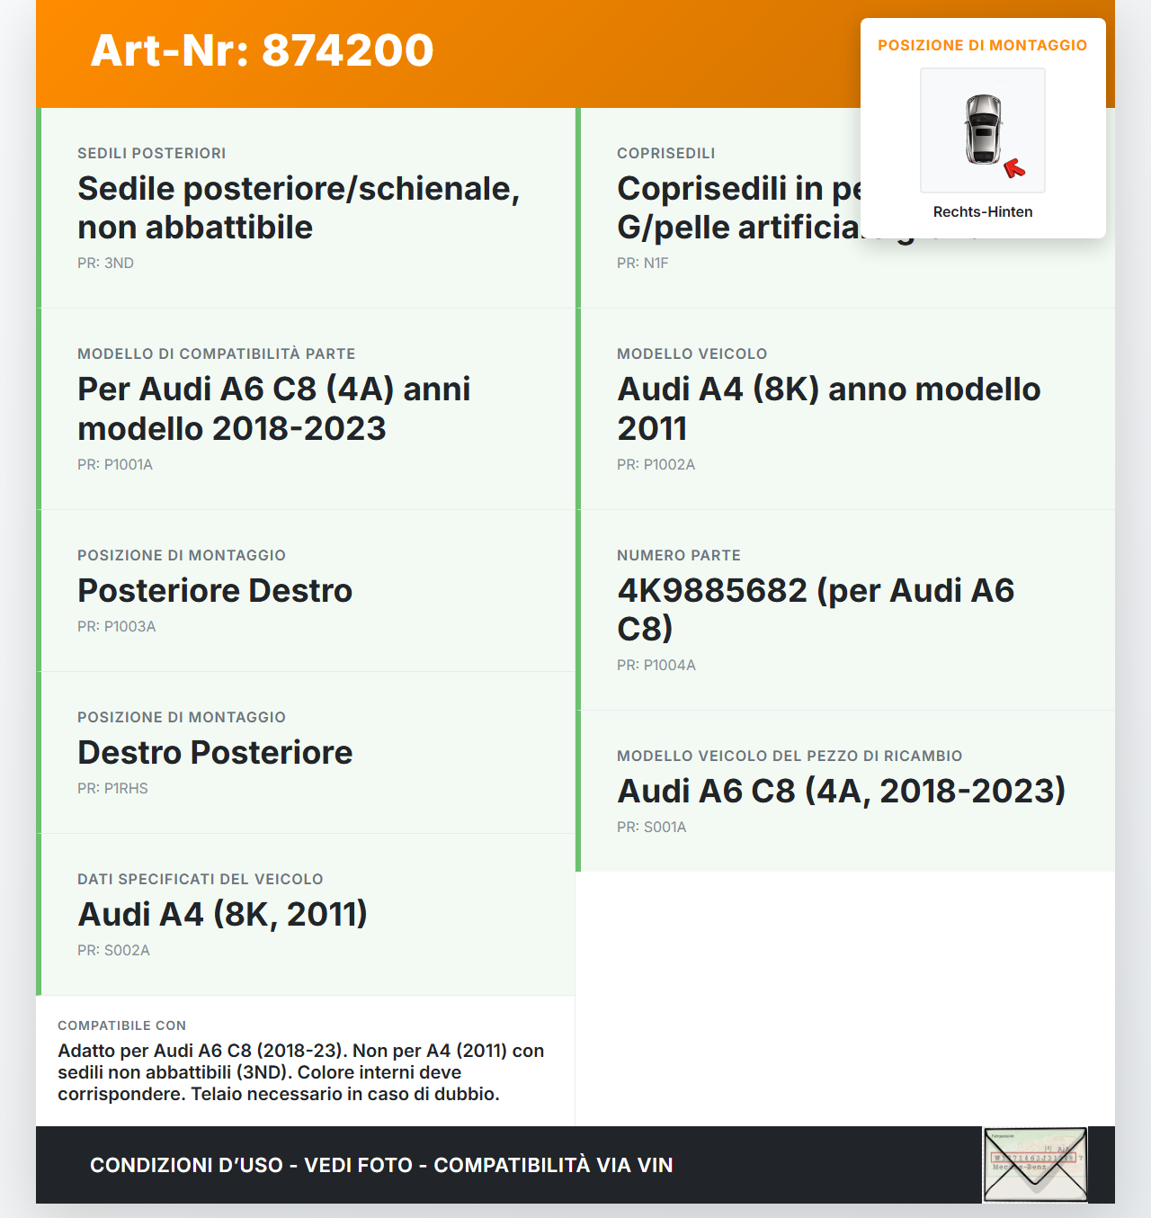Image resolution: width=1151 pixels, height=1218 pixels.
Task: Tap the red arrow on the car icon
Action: point(1014,168)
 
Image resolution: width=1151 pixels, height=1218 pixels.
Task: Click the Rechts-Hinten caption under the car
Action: point(982,212)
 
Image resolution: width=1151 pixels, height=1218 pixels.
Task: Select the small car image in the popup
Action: point(983,130)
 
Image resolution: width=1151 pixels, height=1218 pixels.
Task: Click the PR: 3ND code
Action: point(105,264)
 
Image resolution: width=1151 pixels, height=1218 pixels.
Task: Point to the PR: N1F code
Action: point(642,264)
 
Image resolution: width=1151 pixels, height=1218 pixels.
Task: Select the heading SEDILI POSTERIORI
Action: point(151,154)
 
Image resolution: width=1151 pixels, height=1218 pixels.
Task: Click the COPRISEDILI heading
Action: point(665,154)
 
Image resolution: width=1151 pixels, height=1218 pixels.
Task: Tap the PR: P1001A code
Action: point(115,465)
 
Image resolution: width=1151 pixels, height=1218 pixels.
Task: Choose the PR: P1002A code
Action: point(656,465)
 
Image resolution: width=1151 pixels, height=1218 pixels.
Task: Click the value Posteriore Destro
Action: point(215,591)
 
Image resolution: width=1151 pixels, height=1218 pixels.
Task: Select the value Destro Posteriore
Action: point(215,753)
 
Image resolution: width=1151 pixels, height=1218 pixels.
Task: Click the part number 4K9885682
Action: point(712,591)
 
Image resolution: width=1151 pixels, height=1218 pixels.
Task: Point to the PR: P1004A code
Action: point(656,666)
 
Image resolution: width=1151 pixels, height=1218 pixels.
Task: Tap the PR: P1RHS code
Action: point(112,789)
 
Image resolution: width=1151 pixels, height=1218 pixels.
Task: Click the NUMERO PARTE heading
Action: point(678,556)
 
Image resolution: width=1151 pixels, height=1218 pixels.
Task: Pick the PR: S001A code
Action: point(651,828)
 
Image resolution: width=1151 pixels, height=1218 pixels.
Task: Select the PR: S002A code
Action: point(113,951)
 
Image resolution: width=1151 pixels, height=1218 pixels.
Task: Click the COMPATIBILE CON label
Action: point(121,1025)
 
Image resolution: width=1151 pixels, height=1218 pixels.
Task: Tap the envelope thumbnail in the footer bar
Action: point(1034,1165)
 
